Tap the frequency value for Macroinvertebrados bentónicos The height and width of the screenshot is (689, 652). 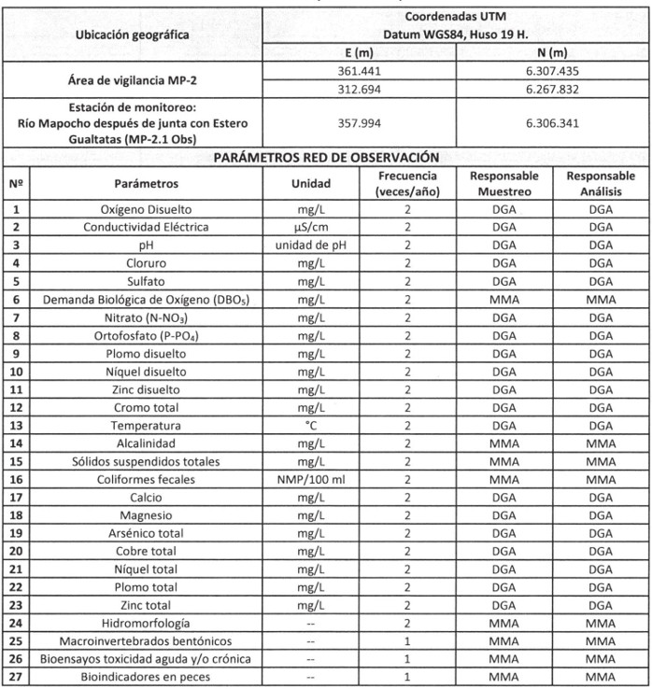click(408, 641)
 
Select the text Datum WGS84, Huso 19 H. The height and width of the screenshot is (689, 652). click(455, 35)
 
